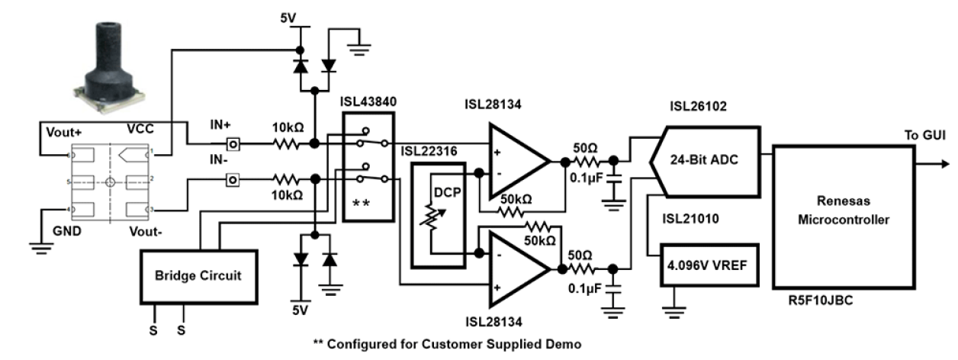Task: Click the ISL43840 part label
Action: (x=368, y=101)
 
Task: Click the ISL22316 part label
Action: (x=429, y=151)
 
